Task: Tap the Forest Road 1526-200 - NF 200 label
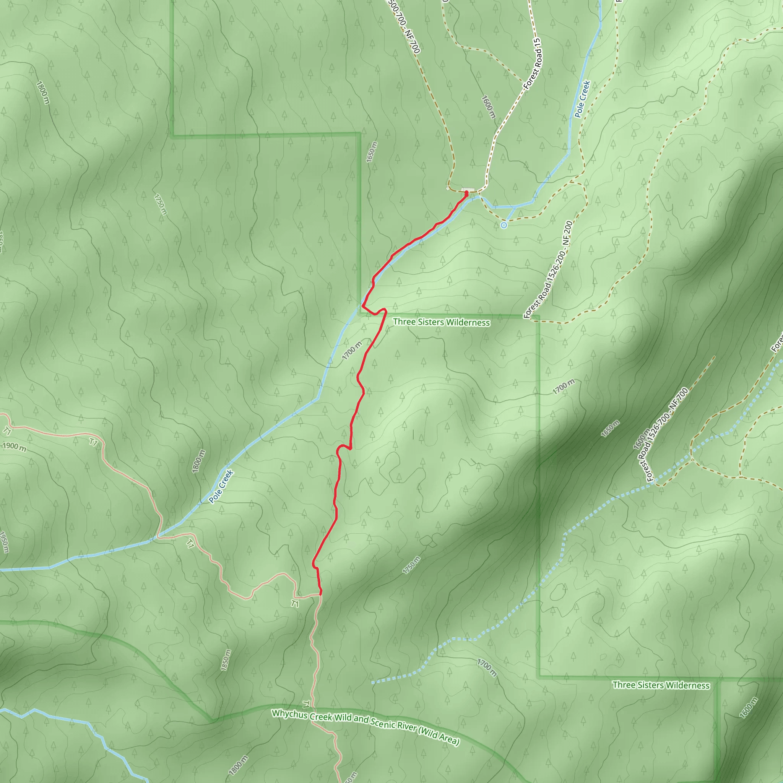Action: click(x=548, y=270)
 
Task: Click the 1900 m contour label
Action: click(x=15, y=447)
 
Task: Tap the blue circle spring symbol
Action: click(x=504, y=225)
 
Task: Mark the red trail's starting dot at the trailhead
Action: click(x=466, y=193)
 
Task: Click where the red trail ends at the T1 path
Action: click(x=320, y=595)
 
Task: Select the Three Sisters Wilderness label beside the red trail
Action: click(x=441, y=322)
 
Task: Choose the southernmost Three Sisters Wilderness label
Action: click(x=661, y=685)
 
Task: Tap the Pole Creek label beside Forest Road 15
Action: click(x=582, y=99)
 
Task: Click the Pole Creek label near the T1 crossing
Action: click(x=221, y=486)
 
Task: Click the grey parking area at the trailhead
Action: click(x=467, y=189)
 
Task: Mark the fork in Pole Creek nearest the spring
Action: click(x=514, y=207)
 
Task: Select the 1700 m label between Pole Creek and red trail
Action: click(x=352, y=351)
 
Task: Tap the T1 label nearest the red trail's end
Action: click(x=295, y=603)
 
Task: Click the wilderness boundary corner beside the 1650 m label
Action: click(x=359, y=133)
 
